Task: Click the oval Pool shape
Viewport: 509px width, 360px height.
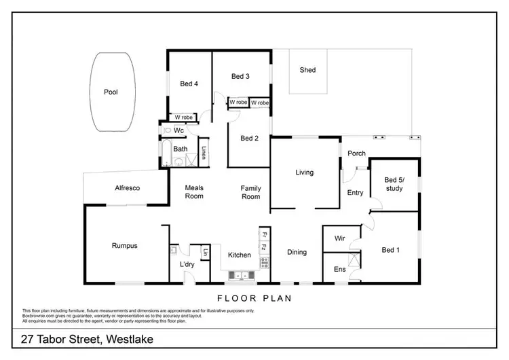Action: coord(111,92)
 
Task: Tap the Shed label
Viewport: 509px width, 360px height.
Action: coord(307,70)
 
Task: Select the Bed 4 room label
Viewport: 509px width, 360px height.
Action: coord(189,84)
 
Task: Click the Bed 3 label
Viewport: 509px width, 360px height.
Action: coord(240,76)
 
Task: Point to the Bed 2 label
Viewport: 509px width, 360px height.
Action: coord(249,139)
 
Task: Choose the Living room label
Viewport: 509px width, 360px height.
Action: coord(305,173)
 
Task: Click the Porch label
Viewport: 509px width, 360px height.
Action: coord(357,154)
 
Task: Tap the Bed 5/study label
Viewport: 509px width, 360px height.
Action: coord(394,184)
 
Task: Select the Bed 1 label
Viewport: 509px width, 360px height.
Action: coord(390,250)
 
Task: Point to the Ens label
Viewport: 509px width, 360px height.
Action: coord(340,270)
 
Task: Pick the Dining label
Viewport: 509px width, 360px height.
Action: coord(297,252)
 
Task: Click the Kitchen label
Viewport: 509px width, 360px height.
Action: coord(240,255)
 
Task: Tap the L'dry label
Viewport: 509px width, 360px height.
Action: coord(187,264)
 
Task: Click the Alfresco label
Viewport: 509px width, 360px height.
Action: coord(127,188)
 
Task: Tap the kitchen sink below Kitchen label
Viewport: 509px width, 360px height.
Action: coord(240,275)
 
